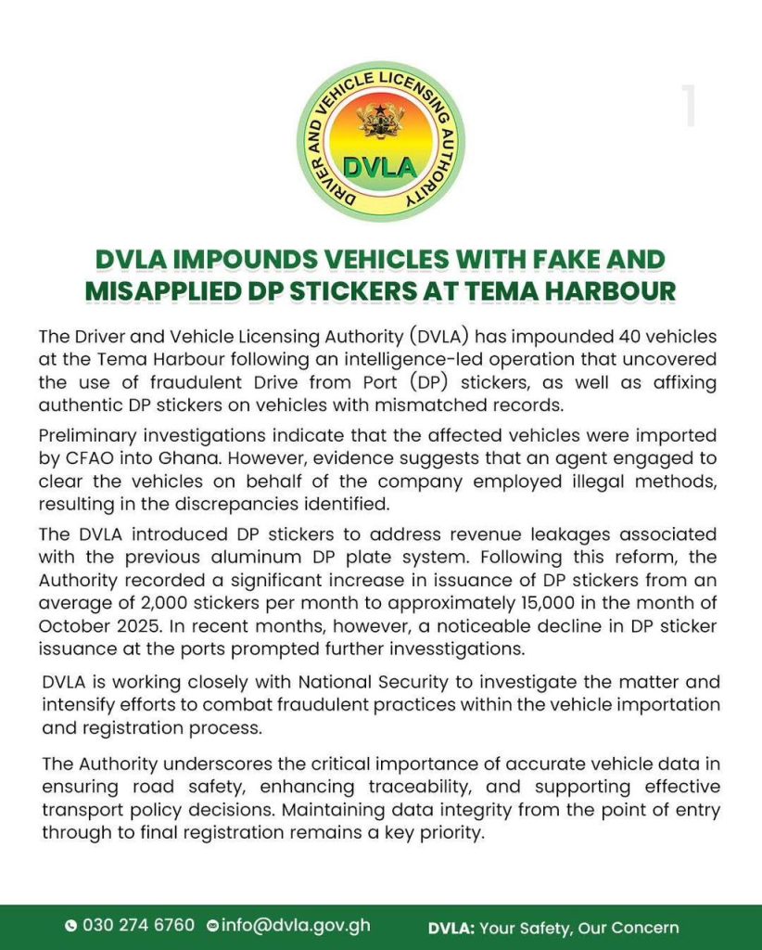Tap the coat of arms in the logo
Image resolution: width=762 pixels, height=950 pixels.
380,121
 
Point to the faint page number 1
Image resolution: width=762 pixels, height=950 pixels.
688,106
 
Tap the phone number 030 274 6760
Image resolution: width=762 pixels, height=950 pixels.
138,926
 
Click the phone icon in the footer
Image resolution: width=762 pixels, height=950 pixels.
70,926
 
